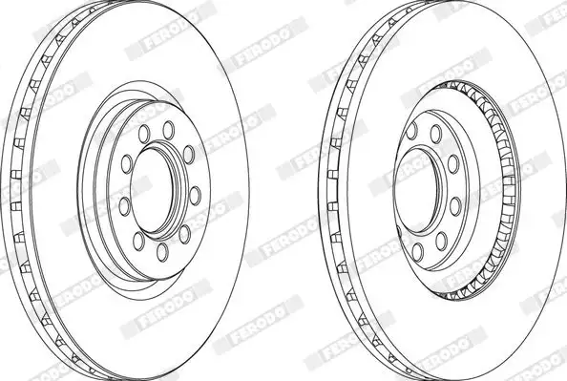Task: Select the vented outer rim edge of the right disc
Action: [x=333, y=191]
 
